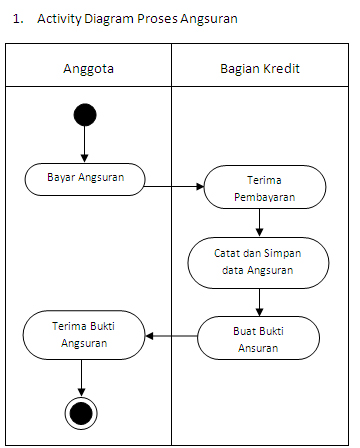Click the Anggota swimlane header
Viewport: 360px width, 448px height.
pyautogui.click(x=88, y=68)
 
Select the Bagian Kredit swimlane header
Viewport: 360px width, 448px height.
pyautogui.click(x=260, y=68)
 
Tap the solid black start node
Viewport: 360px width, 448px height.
pyautogui.click(x=85, y=114)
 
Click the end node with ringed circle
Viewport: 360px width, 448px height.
pyautogui.click(x=79, y=412)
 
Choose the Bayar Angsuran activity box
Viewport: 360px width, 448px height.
pyautogui.click(x=84, y=178)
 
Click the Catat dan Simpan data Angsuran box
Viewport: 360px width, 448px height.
pyautogui.click(x=258, y=262)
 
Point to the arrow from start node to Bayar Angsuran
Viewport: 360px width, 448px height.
pyautogui.click(x=85, y=145)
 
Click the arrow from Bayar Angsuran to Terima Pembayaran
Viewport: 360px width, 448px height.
pyautogui.click(x=175, y=185)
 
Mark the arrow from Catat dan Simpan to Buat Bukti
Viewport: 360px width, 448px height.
pyautogui.click(x=260, y=301)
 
